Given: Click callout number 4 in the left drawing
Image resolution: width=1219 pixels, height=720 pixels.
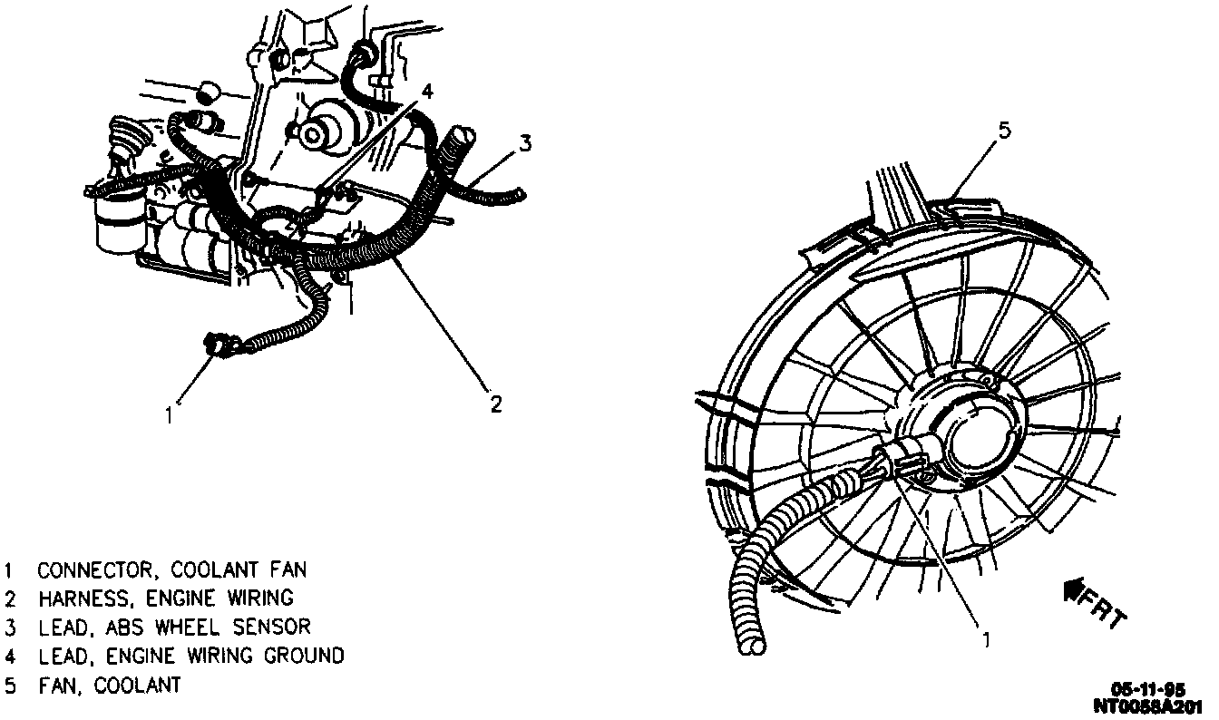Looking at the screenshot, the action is tap(427, 91).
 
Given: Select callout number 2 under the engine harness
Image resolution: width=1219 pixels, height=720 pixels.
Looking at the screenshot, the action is tap(496, 404).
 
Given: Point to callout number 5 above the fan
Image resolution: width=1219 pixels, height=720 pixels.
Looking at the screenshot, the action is tap(1003, 131).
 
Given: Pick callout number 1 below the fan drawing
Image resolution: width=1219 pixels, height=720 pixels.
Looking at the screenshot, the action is tap(987, 638).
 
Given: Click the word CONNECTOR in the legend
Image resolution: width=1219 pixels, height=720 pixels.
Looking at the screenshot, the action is tap(87, 570).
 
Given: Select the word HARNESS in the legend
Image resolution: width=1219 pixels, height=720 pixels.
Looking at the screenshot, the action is tap(77, 598).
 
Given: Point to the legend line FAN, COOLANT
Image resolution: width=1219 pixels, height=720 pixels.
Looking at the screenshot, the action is tap(109, 684).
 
